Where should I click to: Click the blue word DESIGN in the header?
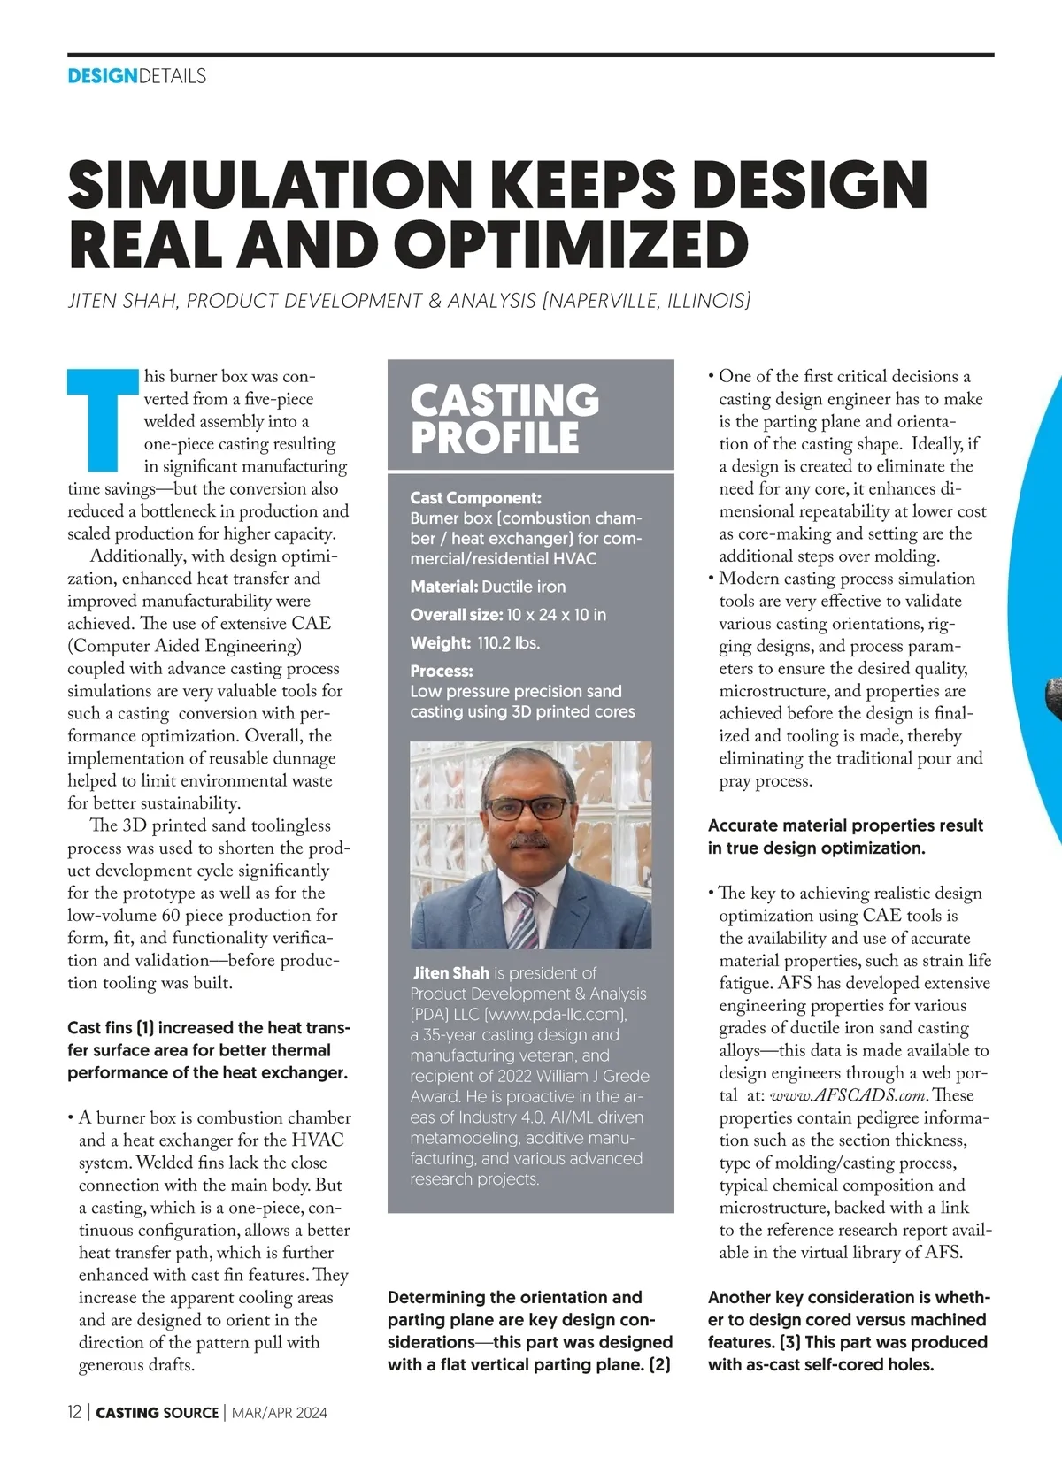[103, 76]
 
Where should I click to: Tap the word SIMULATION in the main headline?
[271, 184]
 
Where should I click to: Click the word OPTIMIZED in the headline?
[572, 245]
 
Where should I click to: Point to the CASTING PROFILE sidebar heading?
[504, 418]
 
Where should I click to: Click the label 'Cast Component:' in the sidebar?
[475, 498]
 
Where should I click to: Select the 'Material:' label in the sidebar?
[443, 587]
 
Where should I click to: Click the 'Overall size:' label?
[456, 615]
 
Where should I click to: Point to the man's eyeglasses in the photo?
[529, 808]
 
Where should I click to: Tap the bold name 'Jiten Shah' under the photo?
[450, 973]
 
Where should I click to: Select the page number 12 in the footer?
[74, 1413]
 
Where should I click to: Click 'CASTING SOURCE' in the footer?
[157, 1413]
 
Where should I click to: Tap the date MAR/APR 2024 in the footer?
[279, 1413]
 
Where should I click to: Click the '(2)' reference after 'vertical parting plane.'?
[659, 1365]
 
